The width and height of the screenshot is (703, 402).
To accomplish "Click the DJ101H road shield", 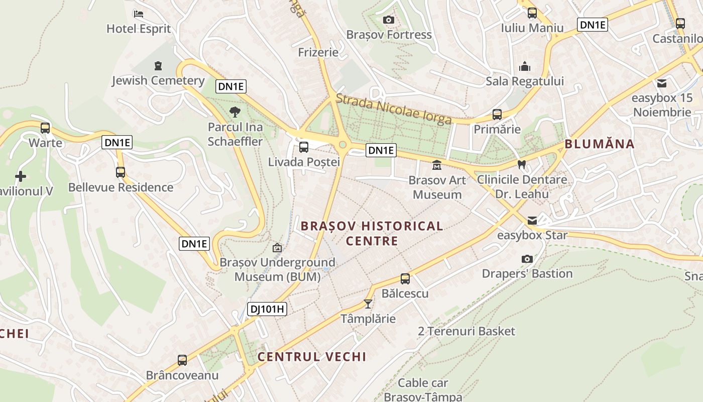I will [x=267, y=309].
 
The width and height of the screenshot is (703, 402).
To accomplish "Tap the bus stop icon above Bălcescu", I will [x=405, y=278].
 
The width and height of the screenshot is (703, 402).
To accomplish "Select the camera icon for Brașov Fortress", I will [x=388, y=20].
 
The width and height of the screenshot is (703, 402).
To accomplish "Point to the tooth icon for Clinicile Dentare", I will [x=522, y=164].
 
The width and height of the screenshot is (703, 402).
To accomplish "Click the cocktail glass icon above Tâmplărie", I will [x=368, y=304].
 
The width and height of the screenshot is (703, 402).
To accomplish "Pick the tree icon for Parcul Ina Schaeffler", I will [x=235, y=112].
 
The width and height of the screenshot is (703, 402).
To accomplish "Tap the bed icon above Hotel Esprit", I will [x=139, y=14].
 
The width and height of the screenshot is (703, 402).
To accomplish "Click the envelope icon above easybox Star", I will [x=532, y=221].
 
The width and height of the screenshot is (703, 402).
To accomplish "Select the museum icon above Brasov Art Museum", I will [x=437, y=165].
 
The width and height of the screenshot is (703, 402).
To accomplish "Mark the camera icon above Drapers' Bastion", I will [x=527, y=259].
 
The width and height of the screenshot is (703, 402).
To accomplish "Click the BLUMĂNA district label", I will [x=600, y=144].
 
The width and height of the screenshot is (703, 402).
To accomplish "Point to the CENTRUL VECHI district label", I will [x=312, y=357].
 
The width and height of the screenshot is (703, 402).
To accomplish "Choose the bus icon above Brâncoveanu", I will [x=182, y=360].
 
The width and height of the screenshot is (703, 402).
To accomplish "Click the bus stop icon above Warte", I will [x=45, y=128].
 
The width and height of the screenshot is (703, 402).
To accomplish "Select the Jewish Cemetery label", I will [x=158, y=80].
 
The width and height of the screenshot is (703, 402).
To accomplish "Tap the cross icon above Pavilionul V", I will [x=21, y=176].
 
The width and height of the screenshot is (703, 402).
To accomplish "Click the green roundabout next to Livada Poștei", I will [x=343, y=145].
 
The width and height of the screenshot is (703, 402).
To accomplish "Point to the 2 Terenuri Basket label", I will [x=466, y=331].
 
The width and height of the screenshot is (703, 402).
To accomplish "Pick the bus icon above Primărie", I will [x=497, y=115].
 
